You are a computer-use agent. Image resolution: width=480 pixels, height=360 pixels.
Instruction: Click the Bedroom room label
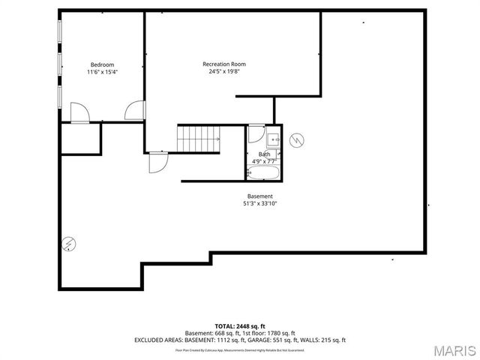(103, 64)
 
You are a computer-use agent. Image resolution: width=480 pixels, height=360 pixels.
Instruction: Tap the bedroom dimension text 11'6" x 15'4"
(103, 72)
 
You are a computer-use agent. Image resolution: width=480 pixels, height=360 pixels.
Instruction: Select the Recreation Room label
(223, 64)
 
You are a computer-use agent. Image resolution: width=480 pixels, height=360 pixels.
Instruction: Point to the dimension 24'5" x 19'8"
(223, 72)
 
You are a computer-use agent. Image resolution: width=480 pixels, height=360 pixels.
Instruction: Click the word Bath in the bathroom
(264, 154)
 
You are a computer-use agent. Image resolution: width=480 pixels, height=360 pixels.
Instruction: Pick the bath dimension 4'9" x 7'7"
(264, 160)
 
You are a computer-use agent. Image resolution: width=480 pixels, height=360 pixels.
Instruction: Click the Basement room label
(260, 196)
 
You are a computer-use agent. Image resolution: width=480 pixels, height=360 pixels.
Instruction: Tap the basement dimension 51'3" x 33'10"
(260, 203)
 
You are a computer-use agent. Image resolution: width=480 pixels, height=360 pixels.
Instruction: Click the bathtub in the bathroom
(263, 172)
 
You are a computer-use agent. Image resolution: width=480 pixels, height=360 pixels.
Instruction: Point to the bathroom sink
(273, 138)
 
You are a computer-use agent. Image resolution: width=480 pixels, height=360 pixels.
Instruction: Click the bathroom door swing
(256, 135)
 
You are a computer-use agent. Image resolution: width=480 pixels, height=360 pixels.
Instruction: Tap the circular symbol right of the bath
(297, 139)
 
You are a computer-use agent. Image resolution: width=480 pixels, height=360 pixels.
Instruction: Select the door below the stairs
(157, 162)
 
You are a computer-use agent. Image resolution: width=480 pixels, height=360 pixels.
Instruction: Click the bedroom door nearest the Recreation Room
(134, 111)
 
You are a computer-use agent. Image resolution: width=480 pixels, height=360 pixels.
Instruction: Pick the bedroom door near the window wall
(79, 112)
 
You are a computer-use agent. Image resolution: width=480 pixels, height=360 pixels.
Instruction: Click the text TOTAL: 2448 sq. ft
(240, 326)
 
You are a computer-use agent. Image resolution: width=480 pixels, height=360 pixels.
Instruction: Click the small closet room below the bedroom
(80, 139)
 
